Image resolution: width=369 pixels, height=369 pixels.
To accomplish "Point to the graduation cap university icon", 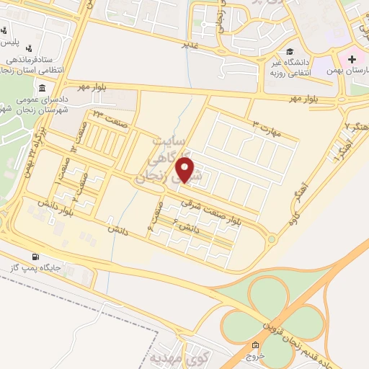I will pyautogui.click(x=289, y=52).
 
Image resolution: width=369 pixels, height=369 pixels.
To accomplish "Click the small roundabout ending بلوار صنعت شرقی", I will pyautogui.click(x=271, y=239).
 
